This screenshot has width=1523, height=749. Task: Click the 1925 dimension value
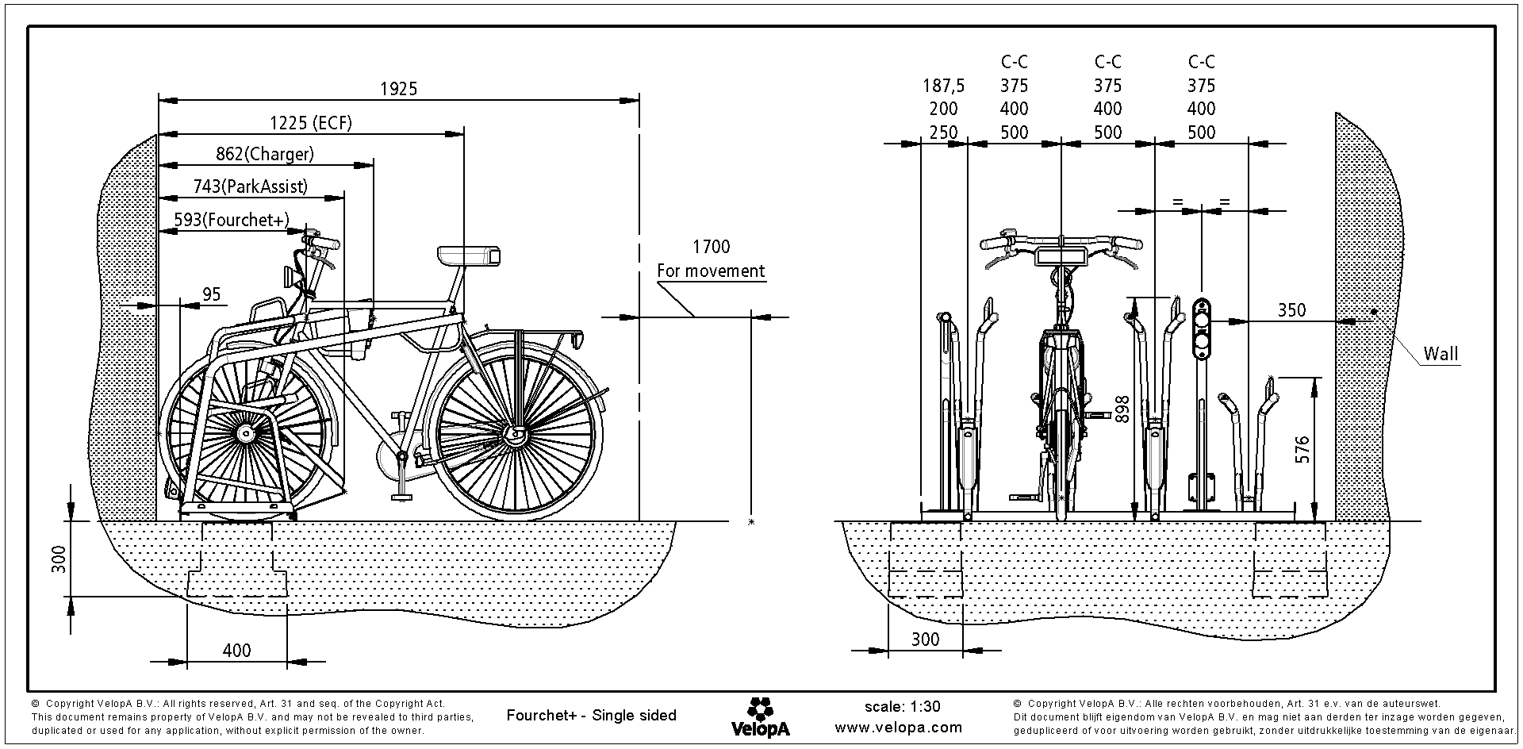398,89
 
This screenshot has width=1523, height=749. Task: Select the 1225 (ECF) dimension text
310,122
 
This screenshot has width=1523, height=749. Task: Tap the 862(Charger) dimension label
265,154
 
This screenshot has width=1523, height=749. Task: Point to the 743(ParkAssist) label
250,186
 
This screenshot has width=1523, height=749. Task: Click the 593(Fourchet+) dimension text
231,220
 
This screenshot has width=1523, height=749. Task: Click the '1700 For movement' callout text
711,259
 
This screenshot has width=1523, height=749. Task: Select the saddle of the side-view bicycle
468,255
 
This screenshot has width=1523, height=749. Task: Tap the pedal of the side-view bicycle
402,497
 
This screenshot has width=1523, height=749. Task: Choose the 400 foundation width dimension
236,651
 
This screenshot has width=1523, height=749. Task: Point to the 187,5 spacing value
943,86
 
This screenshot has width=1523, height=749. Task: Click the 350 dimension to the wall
1291,310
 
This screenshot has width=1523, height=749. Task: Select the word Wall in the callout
1441,354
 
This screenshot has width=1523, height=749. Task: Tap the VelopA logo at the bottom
760,717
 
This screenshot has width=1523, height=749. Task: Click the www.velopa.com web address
898,727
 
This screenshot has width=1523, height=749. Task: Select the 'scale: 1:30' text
902,706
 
